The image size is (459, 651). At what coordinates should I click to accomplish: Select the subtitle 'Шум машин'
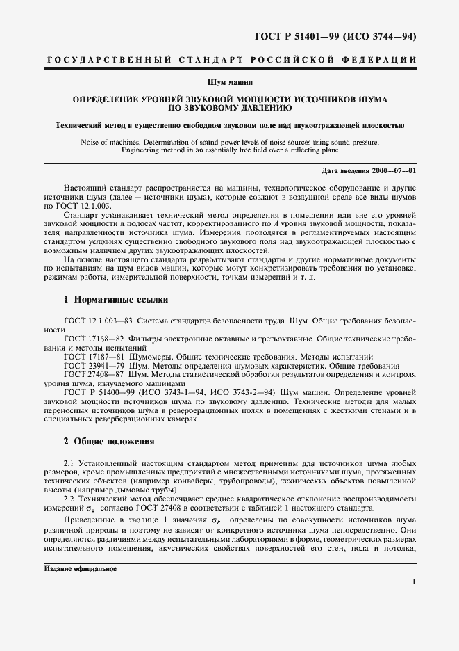click(x=230, y=83)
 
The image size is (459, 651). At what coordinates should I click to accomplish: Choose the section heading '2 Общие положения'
click(x=110, y=442)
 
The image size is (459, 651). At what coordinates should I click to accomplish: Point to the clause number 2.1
click(x=69, y=463)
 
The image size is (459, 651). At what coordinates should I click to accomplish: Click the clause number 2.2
click(x=69, y=499)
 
